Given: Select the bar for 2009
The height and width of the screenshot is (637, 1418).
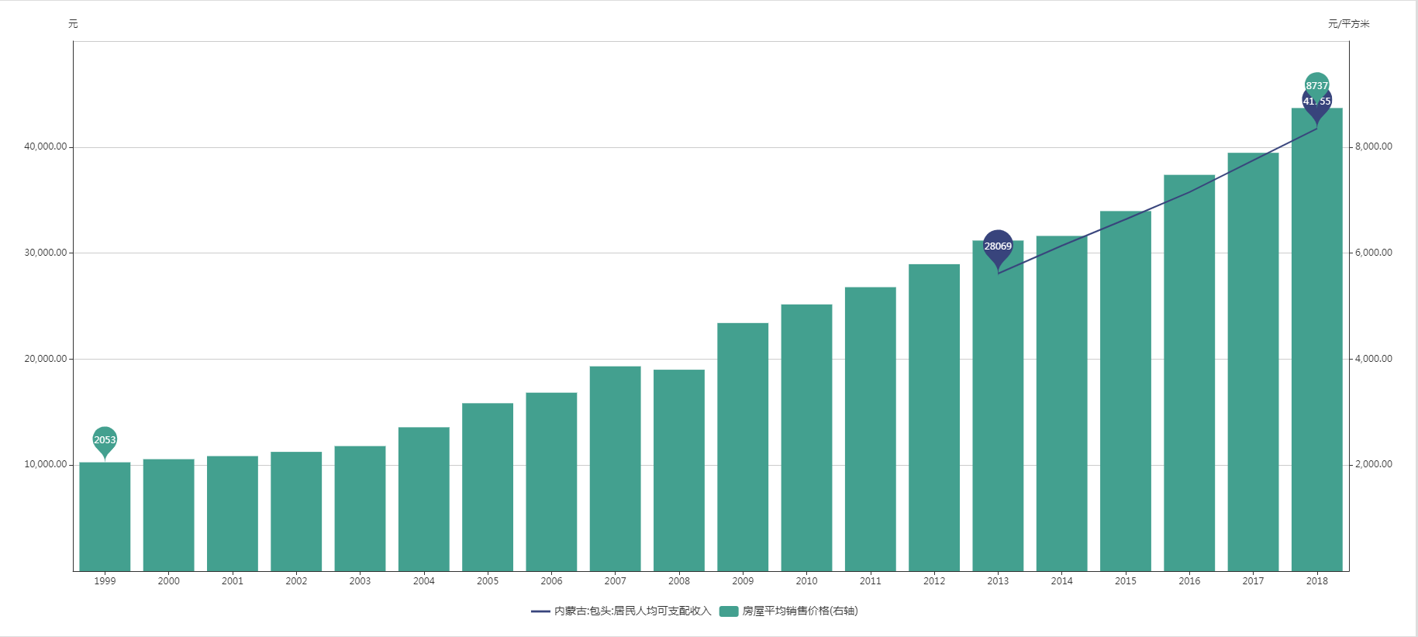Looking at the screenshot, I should coord(743,447).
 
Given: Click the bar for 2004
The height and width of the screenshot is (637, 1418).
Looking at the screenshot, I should coord(423,499).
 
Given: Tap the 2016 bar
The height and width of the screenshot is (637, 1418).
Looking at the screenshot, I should coord(1189,373).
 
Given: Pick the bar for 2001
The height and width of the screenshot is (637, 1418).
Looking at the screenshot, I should coord(232,513).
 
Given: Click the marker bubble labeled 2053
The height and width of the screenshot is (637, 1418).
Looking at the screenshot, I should coord(105,439).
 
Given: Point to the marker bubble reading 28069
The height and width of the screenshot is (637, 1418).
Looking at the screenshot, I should coord(998,246).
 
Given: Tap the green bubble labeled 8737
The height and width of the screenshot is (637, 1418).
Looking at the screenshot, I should coord(1316,84).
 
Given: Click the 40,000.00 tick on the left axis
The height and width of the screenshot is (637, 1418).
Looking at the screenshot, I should coord(46,146).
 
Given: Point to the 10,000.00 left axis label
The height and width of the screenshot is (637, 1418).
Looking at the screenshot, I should coord(46,464).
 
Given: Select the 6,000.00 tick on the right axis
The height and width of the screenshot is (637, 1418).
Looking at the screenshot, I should coord(1373,253).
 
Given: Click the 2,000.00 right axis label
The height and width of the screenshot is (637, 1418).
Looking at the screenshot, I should coord(1373,464).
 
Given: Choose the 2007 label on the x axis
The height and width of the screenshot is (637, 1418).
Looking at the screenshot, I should coord(615,581).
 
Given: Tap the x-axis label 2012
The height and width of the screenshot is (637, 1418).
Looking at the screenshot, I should coord(934,581).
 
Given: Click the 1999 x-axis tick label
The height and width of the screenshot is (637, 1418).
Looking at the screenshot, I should coord(105,581).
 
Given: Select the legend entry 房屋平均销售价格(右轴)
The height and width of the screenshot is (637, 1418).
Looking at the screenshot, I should coord(799,611).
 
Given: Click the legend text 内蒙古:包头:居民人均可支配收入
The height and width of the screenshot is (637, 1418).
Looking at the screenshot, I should coord(632,611).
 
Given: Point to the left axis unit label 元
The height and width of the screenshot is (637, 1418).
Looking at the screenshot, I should coord(73,24).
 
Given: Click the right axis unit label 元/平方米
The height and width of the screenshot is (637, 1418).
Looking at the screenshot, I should coord(1348,24).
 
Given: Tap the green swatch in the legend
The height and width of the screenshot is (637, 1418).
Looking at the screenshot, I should coord(728,611).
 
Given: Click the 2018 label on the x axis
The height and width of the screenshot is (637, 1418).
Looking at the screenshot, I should coord(1316,581).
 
